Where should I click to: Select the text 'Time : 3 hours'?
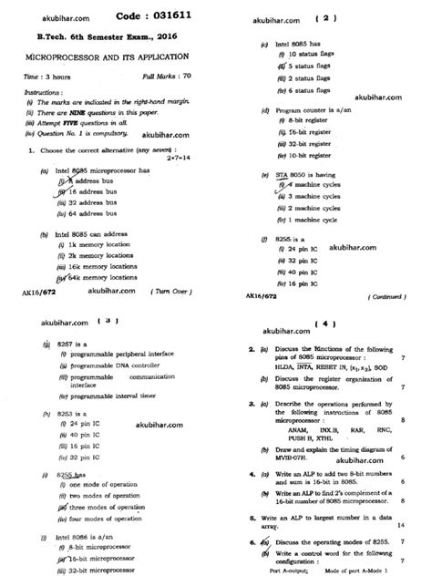[x=45, y=79]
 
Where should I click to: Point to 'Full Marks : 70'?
[x=168, y=79]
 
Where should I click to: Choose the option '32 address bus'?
[x=84, y=203]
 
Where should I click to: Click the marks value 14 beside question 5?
[x=402, y=524]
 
